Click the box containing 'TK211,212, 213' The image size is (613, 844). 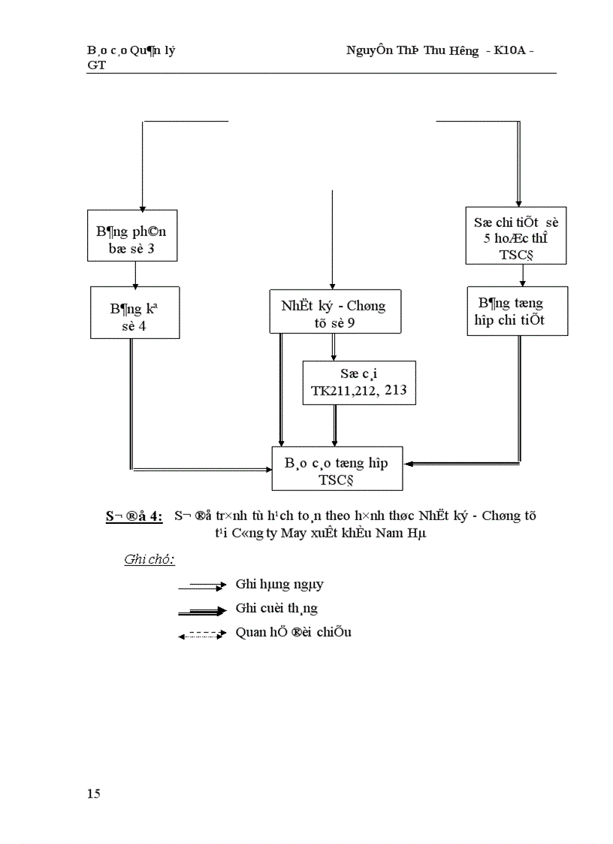pyautogui.click(x=358, y=383)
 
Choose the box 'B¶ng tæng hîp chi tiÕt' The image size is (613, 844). pyautogui.click(x=517, y=310)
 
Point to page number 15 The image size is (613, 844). pyautogui.click(x=93, y=794)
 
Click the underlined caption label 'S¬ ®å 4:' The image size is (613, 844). pyautogui.click(x=134, y=516)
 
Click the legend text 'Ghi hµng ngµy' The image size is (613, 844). pyautogui.click(x=279, y=584)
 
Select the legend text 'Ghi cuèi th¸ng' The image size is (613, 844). pyautogui.click(x=276, y=608)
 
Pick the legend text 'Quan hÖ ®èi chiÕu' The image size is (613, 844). pyautogui.click(x=293, y=632)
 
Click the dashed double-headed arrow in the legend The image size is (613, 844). pyautogui.click(x=202, y=635)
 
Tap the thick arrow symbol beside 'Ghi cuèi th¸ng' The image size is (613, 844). pyautogui.click(x=202, y=611)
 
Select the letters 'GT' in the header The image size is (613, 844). pyautogui.click(x=96, y=65)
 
